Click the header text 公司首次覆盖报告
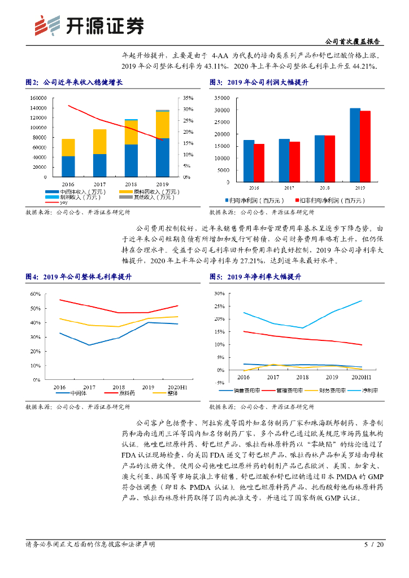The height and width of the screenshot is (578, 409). tap(353, 42)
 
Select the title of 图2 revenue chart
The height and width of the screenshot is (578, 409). tap(74, 82)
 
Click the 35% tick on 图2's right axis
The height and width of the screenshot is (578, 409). tap(189, 98)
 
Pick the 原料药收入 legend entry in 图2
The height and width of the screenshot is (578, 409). tap(141, 192)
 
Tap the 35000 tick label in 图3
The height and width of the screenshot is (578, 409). tap(222, 97)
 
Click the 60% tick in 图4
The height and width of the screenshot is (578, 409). tap(35, 294)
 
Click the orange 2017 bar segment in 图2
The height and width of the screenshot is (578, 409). tap(99, 141)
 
